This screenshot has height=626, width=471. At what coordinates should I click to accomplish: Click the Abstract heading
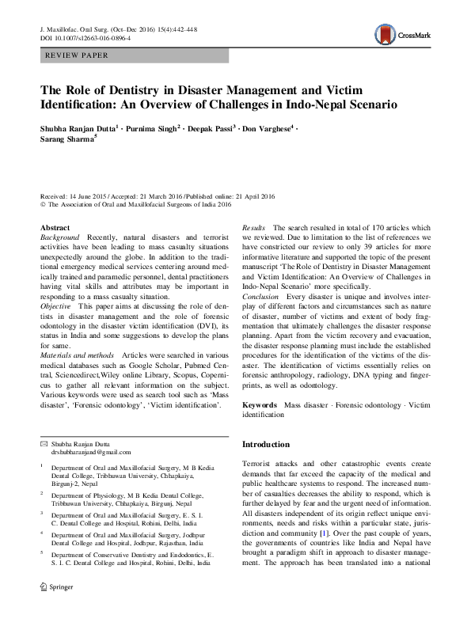pyautogui.click(x=55, y=227)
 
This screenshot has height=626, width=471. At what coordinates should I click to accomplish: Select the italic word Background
pyautogui.click(x=59, y=237)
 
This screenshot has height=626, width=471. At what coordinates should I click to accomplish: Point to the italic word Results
pyautogui.click(x=254, y=227)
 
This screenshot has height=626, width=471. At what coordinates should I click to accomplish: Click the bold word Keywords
pyautogui.click(x=260, y=404)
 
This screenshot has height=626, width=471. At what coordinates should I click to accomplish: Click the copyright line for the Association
pyautogui.click(x=135, y=204)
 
